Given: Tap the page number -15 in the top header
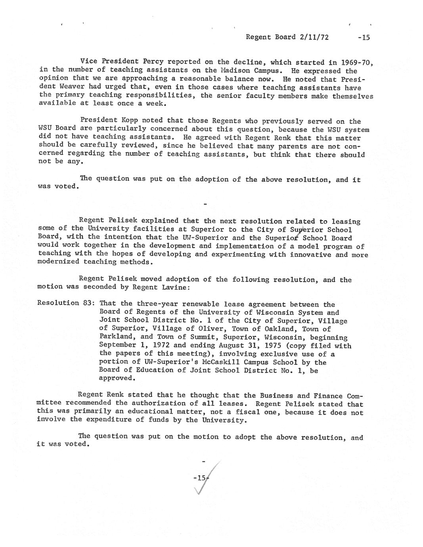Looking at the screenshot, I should click(363, 38).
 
